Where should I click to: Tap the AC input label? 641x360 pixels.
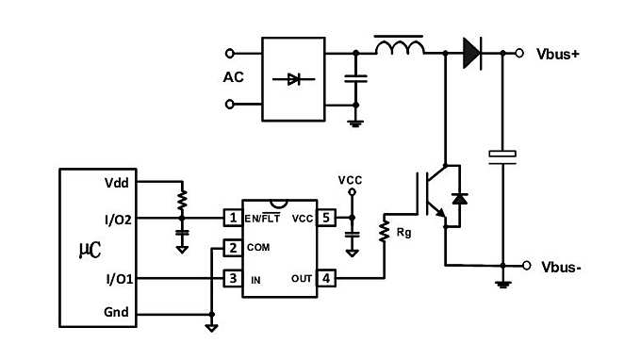[234, 77]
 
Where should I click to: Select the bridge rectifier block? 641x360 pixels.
[292, 79]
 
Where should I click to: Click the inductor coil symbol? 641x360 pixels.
[399, 46]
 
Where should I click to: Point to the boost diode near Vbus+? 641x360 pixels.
[471, 53]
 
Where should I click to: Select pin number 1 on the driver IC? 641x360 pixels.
[232, 218]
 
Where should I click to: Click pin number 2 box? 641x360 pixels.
[232, 248]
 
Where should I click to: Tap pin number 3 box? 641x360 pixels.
[232, 279]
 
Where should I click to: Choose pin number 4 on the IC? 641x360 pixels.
[325, 279]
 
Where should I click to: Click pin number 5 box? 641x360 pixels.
[325, 218]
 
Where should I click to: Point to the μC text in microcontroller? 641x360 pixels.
[87, 251]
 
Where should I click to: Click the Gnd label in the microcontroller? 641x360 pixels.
[117, 313]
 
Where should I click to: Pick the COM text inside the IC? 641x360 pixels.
[259, 248]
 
